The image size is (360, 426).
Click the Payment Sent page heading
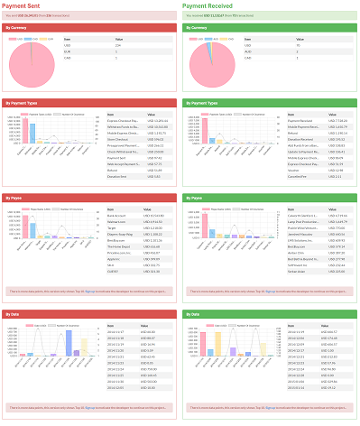[x=26, y=5]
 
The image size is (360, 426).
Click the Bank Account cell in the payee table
[x=116, y=216]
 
